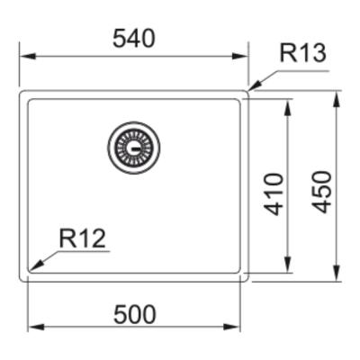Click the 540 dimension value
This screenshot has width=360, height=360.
pyautogui.click(x=134, y=39)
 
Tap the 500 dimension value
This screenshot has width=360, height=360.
pyautogui.click(x=134, y=314)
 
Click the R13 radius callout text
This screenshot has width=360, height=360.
pyautogui.click(x=301, y=53)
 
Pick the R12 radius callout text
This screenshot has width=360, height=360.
pyautogui.click(x=83, y=238)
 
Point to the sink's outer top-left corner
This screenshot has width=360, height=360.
pyautogui.click(x=22, y=91)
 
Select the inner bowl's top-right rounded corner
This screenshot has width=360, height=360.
pyautogui.click(x=238, y=101)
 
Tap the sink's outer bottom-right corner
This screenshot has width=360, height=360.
pyautogui.click(x=247, y=280)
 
